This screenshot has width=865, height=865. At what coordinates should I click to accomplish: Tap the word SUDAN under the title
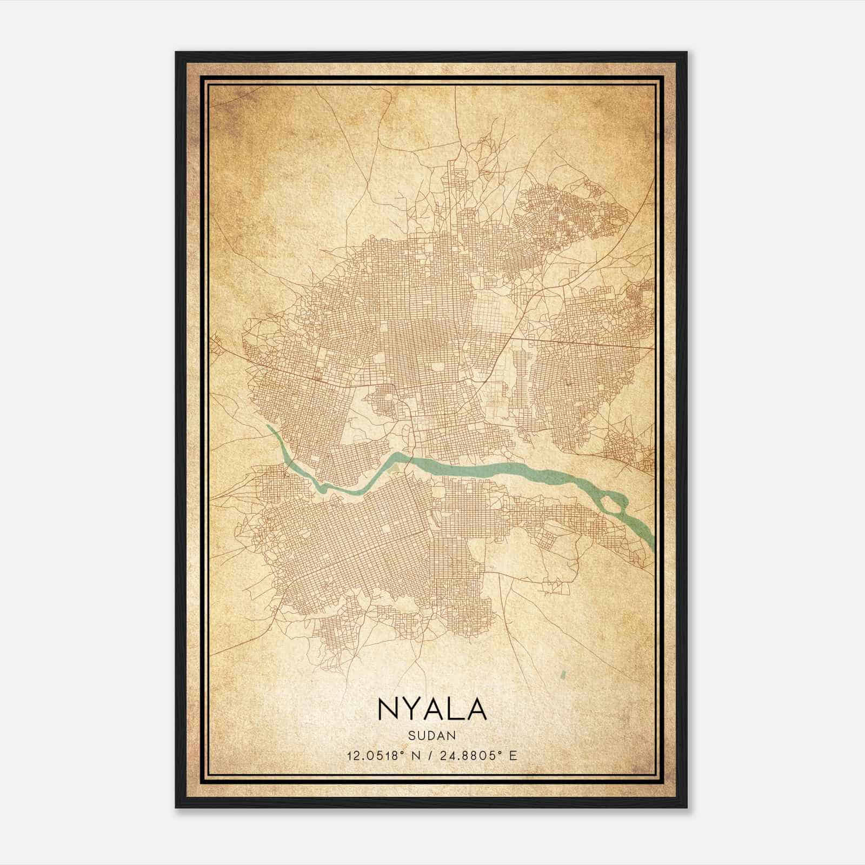click(432, 735)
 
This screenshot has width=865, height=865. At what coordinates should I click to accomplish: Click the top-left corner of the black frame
click(176, 52)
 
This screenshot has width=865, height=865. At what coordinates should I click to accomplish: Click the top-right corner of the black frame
click(687, 52)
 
